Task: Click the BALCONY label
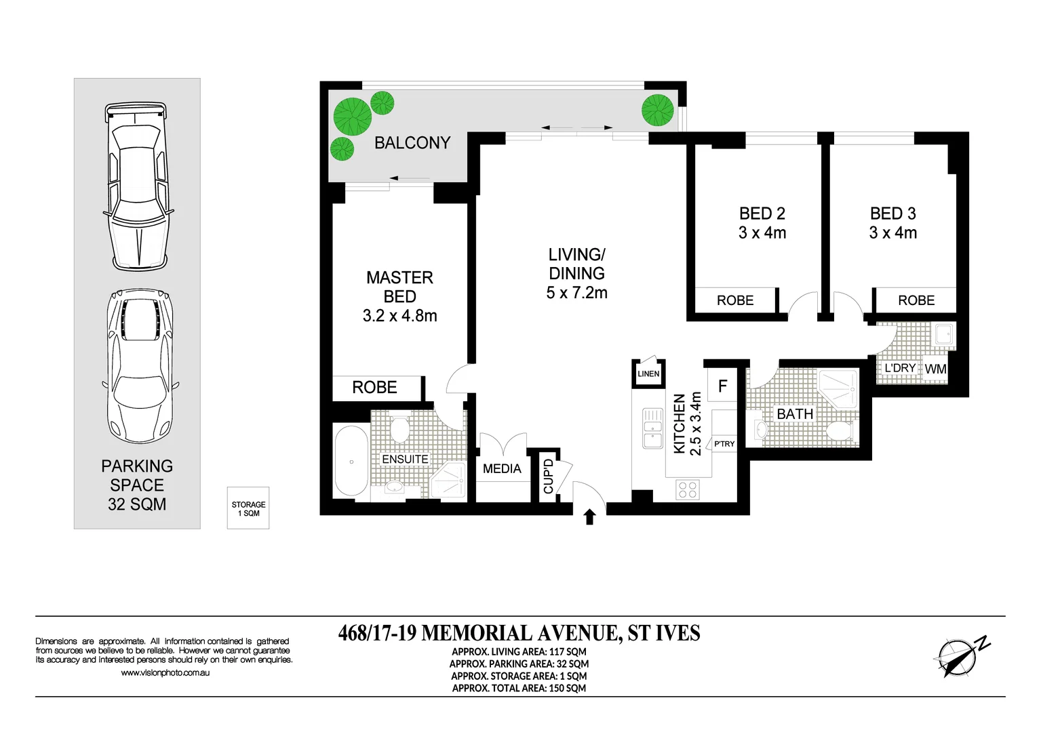pyautogui.click(x=412, y=143)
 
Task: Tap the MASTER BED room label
pyautogui.click(x=399, y=287)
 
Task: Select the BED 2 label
pyautogui.click(x=762, y=213)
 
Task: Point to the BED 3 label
pyautogui.click(x=892, y=213)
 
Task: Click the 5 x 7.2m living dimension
pyautogui.click(x=576, y=293)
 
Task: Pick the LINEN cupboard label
pyautogui.click(x=648, y=374)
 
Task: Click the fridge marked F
pyautogui.click(x=722, y=386)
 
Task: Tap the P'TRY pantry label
pyautogui.click(x=724, y=444)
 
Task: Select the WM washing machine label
pyautogui.click(x=935, y=369)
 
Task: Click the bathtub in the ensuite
pyautogui.click(x=351, y=462)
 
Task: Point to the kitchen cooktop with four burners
pyautogui.click(x=688, y=489)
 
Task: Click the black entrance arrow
pyautogui.click(x=589, y=517)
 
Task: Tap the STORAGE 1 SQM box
pyautogui.click(x=248, y=508)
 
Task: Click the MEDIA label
pyautogui.click(x=502, y=469)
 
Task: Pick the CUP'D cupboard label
pyautogui.click(x=549, y=476)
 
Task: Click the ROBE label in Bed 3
pyautogui.click(x=916, y=300)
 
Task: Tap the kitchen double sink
pyautogui.click(x=652, y=428)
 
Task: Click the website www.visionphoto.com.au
pyautogui.click(x=165, y=673)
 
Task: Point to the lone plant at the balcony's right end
pyautogui.click(x=657, y=110)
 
